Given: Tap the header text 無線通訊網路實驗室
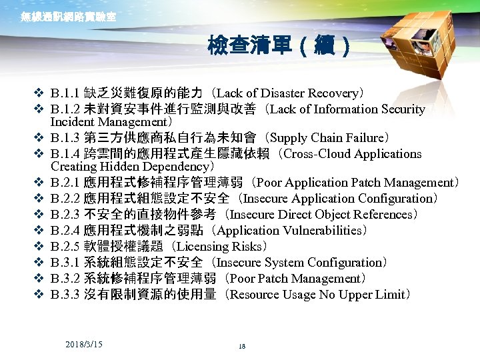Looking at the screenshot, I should (x=68, y=17).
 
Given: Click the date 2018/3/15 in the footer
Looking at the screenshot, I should (x=84, y=343).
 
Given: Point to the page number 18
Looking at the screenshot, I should (x=241, y=346).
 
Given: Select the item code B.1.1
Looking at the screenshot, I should (x=65, y=93).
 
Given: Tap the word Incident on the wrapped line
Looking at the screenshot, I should (x=71, y=122).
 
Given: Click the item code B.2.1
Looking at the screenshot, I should (x=65, y=183).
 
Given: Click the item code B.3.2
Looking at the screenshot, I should (x=65, y=279).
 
